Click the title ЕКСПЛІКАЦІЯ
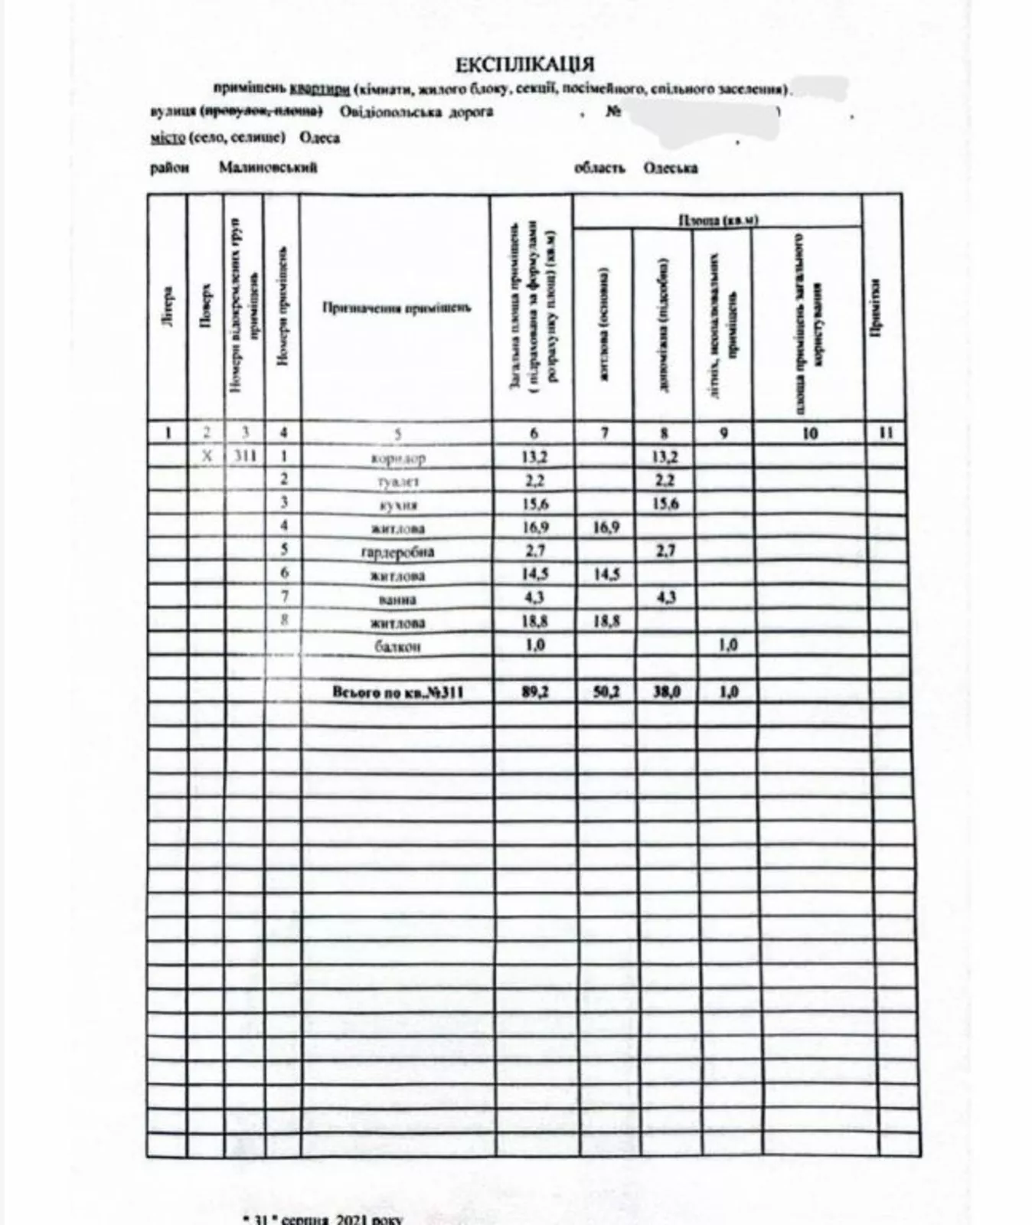[x=524, y=64]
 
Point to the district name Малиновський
[x=267, y=168]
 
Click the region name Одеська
[x=670, y=168]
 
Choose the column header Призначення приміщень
[x=396, y=309]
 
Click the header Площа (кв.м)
[x=717, y=220]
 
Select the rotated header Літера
[x=168, y=306]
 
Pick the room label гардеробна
[x=397, y=552]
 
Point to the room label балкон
[x=397, y=647]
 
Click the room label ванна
[x=397, y=599]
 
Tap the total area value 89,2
[x=534, y=692]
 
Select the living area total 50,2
[x=606, y=692]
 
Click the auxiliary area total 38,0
[x=665, y=692]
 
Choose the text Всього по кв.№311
[x=397, y=693]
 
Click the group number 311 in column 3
[x=245, y=457]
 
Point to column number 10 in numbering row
[x=809, y=433]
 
